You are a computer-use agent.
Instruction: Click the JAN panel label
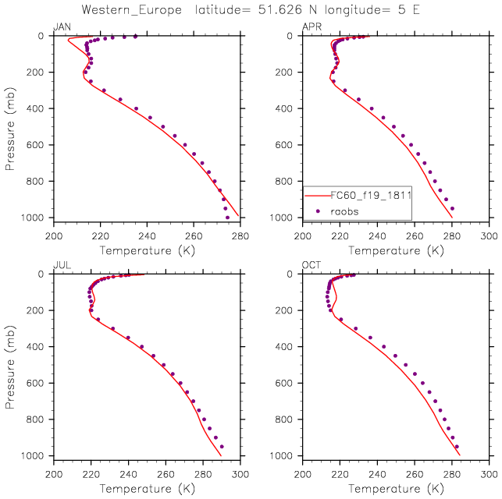click(x=61, y=28)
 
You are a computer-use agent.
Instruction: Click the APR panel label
click(x=311, y=28)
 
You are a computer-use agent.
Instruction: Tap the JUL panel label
click(x=61, y=266)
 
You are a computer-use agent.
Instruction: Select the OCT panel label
click(x=311, y=266)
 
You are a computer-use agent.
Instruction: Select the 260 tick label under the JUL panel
click(x=166, y=473)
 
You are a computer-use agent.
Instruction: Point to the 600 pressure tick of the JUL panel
click(x=39, y=383)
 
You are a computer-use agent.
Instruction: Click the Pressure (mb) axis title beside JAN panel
click(x=10, y=126)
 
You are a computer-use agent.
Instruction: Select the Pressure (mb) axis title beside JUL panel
click(x=10, y=364)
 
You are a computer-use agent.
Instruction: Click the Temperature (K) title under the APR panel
click(x=396, y=250)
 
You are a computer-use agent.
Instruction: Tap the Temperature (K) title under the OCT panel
click(x=396, y=488)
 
